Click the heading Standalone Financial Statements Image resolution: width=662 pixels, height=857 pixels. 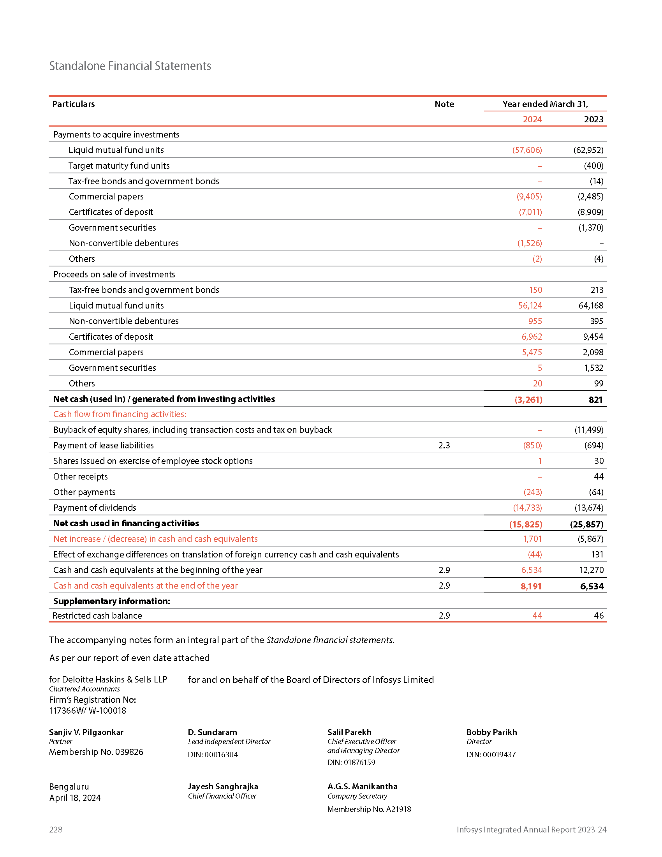(130, 66)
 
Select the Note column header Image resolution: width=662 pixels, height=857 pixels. (444, 104)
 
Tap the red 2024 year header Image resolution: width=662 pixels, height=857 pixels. (532, 119)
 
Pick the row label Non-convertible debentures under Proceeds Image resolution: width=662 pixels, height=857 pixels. (123, 321)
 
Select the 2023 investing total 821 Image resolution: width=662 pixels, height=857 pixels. (595, 399)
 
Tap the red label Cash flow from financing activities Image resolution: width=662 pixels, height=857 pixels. (120, 414)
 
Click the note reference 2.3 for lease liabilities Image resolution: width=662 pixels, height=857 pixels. (444, 445)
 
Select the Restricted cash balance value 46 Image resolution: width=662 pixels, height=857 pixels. (599, 615)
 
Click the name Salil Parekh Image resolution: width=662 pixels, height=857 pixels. (349, 732)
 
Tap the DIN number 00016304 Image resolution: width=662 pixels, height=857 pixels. (221, 755)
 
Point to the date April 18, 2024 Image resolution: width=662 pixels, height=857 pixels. (75, 798)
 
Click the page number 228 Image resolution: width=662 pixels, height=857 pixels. (56, 829)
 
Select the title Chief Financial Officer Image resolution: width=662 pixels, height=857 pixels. (222, 796)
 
